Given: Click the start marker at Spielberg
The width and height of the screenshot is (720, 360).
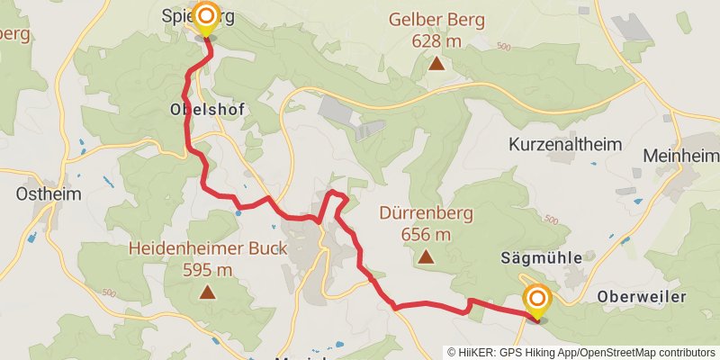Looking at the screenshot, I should (207, 18).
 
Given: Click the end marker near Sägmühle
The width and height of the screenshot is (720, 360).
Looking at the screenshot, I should (537, 300).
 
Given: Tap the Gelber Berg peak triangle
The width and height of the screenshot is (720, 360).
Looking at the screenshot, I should (436, 63).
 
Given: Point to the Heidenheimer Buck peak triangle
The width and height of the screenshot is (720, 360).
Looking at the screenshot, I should (208, 292).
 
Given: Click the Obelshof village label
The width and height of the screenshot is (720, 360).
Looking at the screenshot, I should (207, 109).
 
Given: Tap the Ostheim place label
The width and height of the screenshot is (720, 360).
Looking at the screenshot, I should (49, 193).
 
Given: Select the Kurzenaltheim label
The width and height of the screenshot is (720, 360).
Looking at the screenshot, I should (566, 144).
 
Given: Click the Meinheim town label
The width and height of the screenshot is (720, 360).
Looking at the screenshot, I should (680, 156).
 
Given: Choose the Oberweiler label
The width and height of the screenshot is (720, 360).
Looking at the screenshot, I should (642, 296).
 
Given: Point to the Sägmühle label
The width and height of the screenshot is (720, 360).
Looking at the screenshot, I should (540, 257).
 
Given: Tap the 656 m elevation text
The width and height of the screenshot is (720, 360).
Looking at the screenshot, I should (425, 235).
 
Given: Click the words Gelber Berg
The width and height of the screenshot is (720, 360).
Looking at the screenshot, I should (436, 20).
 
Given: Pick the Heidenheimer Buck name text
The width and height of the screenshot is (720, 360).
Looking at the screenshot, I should (208, 248).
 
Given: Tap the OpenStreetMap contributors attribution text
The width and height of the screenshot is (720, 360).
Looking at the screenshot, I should (645, 352).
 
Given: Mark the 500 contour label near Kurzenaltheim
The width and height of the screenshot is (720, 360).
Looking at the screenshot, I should (551, 220).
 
